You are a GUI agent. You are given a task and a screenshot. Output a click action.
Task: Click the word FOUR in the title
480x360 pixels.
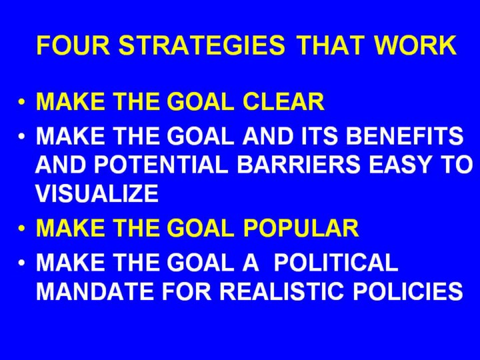click(73, 45)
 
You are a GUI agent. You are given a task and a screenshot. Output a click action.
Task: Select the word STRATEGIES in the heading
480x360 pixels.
click(202, 45)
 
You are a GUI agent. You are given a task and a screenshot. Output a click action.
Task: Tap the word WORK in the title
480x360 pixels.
click(415, 45)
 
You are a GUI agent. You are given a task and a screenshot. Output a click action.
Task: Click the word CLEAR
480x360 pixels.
click(283, 101)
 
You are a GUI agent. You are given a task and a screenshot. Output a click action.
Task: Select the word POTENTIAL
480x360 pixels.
click(161, 165)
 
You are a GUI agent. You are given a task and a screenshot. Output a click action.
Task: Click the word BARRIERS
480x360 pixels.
click(299, 165)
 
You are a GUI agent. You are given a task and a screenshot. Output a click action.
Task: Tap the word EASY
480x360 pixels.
click(400, 165)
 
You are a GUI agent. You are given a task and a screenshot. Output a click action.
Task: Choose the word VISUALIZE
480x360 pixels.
click(97, 193)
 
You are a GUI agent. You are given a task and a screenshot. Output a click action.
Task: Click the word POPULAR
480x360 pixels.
click(301, 228)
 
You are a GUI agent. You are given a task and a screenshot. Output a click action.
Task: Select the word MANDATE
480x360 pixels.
click(95, 291)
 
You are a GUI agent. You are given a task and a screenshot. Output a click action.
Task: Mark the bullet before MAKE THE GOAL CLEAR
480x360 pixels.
click(21, 101)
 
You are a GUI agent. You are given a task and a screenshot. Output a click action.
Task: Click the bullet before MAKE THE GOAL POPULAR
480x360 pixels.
click(21, 228)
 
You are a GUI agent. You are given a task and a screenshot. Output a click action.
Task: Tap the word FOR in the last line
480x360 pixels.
click(187, 291)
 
